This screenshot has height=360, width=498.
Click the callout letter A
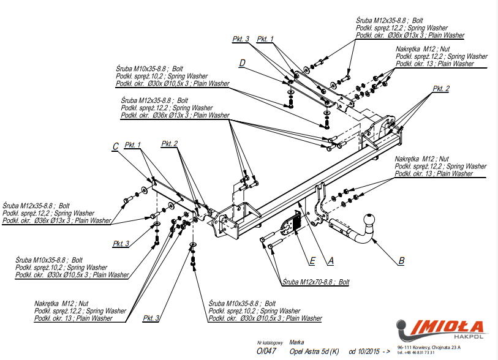pyautogui.click(x=331, y=261)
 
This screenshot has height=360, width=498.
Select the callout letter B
pyautogui.click(x=401, y=261)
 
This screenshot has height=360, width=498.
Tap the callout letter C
pyautogui.click(x=115, y=146)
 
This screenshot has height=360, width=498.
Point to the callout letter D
pyautogui.click(x=243, y=63)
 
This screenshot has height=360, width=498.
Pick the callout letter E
pyautogui.click(x=312, y=261)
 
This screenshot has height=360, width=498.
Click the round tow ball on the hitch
pyautogui.click(x=370, y=220)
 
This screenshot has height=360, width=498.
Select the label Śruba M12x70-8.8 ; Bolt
pyautogui.click(x=315, y=282)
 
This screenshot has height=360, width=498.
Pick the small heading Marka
pyautogui.click(x=296, y=343)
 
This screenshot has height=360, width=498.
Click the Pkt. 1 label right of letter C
pyautogui.click(x=132, y=145)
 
